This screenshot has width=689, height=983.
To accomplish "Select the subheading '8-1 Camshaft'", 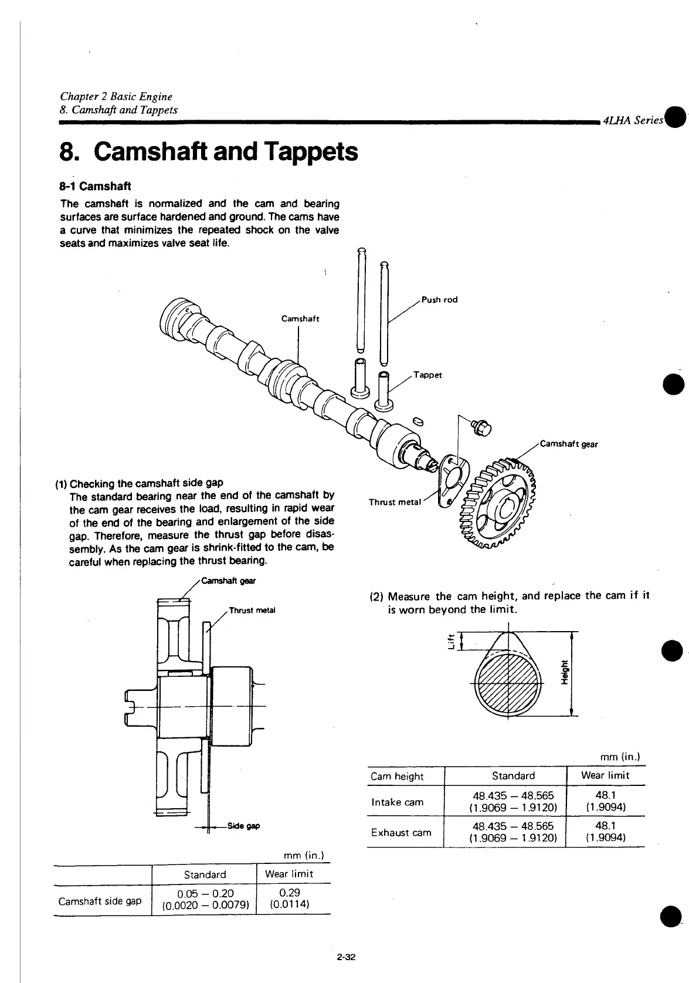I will coord(96,187).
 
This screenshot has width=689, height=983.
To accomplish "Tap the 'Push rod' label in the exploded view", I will coord(439,300).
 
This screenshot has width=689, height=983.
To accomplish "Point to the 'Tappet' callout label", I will coord(427,375).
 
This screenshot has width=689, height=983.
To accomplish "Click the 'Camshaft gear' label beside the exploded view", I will coord(568,444).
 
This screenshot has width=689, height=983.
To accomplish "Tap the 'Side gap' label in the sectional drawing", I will coord(243,826).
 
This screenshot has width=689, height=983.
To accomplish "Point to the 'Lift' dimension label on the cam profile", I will coord(450,641).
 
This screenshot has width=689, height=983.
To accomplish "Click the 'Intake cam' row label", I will coord(397,802).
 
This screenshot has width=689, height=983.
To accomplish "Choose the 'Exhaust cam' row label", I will coord(401,832).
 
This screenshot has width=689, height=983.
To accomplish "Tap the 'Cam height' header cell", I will coord(397,776).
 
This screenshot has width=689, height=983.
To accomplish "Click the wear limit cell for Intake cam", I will coord(604,801).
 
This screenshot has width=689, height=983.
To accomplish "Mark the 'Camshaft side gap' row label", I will coord(100,901).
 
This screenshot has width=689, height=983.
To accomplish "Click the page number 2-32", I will coord(347,958).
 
